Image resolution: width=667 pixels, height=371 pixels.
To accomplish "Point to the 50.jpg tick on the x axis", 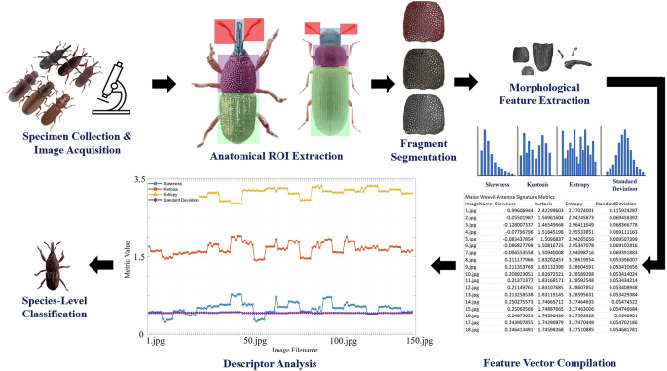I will pyautogui.click(x=255, y=315).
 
